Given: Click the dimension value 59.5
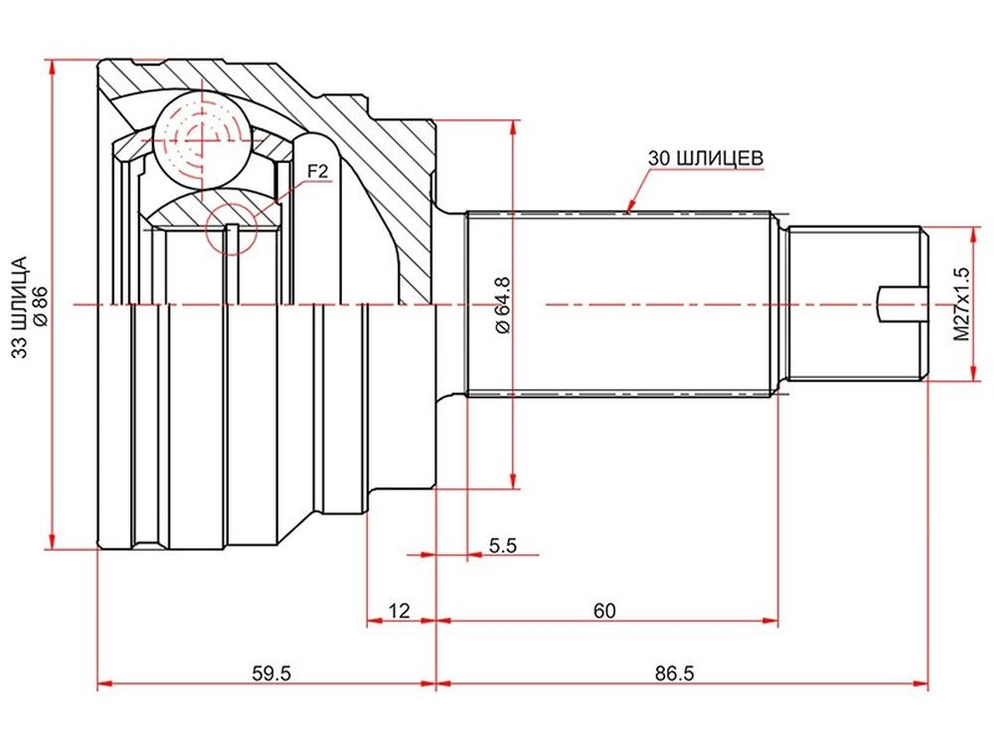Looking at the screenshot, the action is point(271,672).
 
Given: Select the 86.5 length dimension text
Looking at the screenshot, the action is point(675,672).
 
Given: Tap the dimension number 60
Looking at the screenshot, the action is point(604,611).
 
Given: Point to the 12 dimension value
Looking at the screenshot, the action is point(400,611).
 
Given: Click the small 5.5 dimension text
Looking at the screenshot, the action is point(503,545).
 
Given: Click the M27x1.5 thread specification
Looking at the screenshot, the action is point(961,303).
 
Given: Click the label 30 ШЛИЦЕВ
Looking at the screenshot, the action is point(706,158).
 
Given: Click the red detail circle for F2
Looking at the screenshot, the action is point(233,229).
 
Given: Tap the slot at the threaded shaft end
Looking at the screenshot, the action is point(903,303).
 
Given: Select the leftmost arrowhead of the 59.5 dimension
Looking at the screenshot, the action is point(105,684).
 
